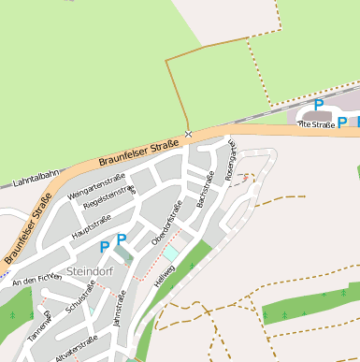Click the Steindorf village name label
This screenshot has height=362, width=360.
point(91,272)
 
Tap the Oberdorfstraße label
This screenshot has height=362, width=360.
point(166,224)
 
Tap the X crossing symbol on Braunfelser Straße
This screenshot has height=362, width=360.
point(188,135)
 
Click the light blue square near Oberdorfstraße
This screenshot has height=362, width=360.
point(170,253)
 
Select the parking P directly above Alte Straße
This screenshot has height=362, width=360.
point(319,105)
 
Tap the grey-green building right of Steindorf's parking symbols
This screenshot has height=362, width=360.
point(138,250)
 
